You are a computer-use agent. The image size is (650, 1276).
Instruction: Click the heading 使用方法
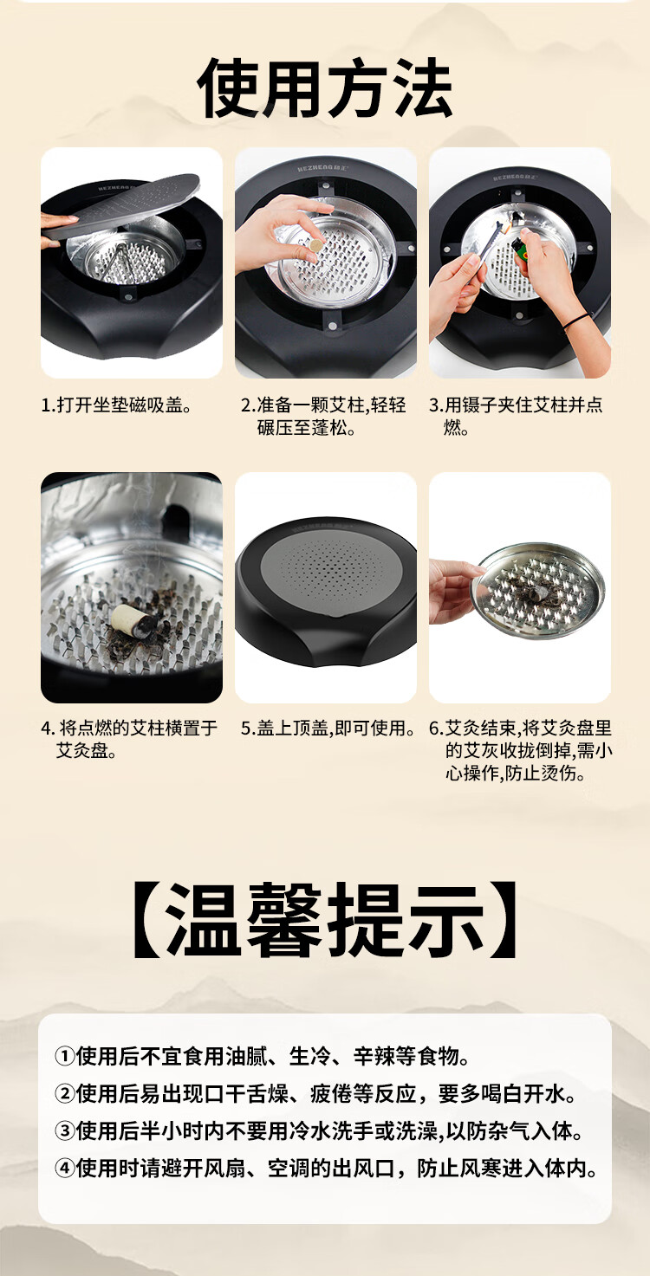[325, 88]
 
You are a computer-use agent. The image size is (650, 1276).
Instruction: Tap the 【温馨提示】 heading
[325, 921]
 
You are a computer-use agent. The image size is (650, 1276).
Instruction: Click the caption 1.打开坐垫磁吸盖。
[117, 405]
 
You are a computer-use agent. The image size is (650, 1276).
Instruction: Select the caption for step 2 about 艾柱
[323, 416]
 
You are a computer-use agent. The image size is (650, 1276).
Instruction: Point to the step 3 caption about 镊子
[517, 416]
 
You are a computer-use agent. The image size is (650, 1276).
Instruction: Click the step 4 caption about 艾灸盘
[129, 740]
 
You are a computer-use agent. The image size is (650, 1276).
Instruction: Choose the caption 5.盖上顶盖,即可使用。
[328, 728]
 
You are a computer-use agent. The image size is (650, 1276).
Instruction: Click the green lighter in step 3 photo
[518, 245]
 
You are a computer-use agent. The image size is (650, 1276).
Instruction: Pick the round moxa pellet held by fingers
[315, 245]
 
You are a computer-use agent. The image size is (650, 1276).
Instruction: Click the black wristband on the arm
[576, 320]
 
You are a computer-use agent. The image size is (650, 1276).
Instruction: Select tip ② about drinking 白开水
[316, 1094]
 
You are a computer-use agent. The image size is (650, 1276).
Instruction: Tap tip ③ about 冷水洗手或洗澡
[319, 1131]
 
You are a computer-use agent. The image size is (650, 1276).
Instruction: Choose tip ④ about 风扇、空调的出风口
[327, 1169]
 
